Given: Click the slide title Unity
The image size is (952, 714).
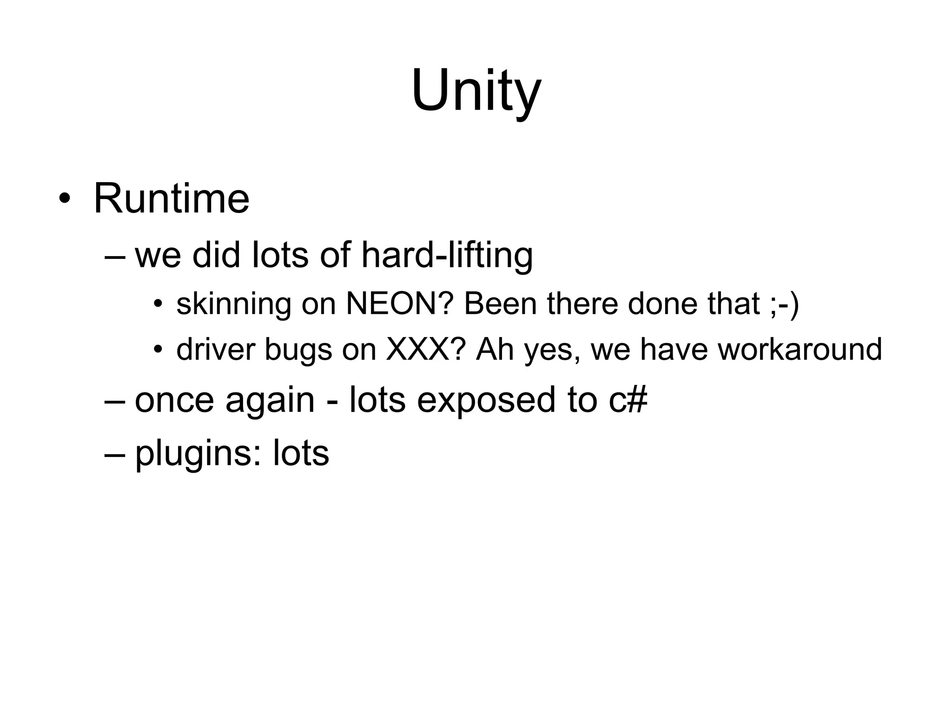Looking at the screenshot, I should pos(476,91).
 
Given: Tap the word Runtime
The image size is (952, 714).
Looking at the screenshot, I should pos(172,199).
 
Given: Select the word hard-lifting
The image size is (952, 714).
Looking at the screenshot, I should pos(447,255).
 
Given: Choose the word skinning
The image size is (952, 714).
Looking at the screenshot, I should pos(233,304).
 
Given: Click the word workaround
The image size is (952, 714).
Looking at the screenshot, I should pos(800,349).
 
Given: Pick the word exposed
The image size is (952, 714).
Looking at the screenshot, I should pos(486,401).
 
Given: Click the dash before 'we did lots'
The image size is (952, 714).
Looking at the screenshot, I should pos(115,256).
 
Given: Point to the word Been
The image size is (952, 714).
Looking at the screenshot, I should pos(500,304).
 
